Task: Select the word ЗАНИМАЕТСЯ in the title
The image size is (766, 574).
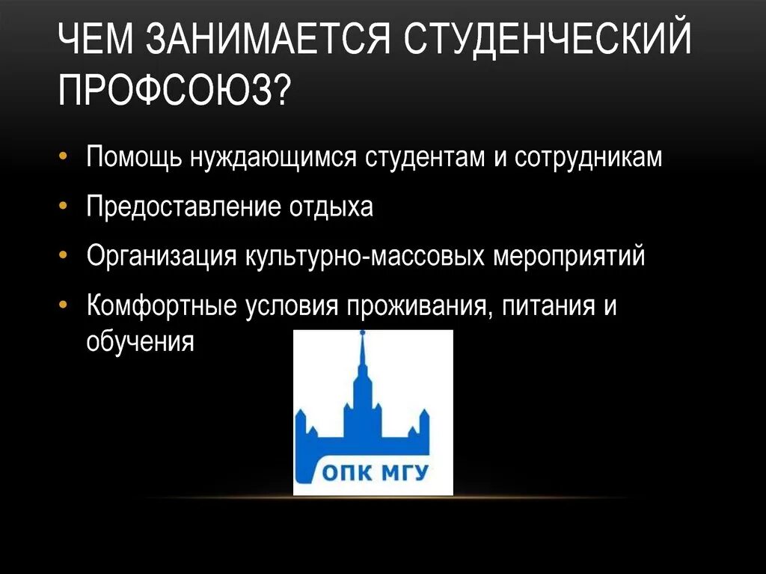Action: [276, 41]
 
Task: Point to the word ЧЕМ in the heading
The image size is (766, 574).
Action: [98, 41]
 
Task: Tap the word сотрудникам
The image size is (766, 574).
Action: [588, 158]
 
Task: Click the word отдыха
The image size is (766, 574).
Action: [331, 207]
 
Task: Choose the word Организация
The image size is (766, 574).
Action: [162, 256]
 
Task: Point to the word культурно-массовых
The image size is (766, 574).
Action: [366, 256]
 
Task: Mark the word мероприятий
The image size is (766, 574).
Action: [569, 256]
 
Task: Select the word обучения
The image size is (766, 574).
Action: [141, 341]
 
